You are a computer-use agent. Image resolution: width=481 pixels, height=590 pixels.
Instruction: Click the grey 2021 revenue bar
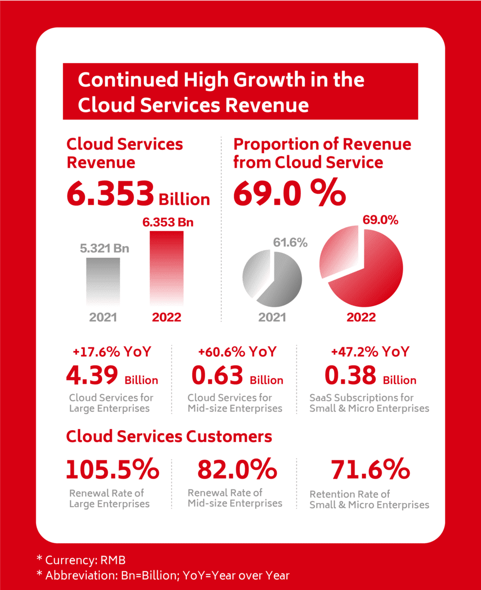(x=103, y=281)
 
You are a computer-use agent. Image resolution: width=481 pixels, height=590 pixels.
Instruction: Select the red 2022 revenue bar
(x=167, y=268)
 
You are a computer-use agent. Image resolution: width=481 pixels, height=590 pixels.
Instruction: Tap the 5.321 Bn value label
(x=104, y=248)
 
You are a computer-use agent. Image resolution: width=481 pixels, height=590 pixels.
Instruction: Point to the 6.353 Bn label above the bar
(x=168, y=222)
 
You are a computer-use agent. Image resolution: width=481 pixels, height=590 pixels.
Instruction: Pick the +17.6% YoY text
(x=112, y=352)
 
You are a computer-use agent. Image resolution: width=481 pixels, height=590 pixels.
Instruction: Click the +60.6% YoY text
(x=237, y=352)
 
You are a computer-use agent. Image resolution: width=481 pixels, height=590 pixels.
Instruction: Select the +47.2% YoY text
(x=370, y=352)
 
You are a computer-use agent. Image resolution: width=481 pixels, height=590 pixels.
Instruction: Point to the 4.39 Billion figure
(x=112, y=376)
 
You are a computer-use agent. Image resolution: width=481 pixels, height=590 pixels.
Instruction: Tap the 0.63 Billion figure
(x=237, y=376)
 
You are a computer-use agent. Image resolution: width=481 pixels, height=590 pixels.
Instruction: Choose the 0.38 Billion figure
(x=370, y=376)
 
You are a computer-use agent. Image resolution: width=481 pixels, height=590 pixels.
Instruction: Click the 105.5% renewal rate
(x=112, y=470)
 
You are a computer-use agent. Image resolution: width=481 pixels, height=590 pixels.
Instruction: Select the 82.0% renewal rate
(x=237, y=470)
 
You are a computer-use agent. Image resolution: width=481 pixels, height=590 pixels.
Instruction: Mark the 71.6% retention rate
(x=370, y=470)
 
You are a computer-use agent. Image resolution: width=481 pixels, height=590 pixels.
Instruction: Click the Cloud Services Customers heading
(x=169, y=436)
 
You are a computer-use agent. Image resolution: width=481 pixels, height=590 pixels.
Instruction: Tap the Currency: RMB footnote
(x=81, y=560)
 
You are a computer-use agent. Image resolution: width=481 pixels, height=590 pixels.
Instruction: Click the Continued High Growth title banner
(x=240, y=92)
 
